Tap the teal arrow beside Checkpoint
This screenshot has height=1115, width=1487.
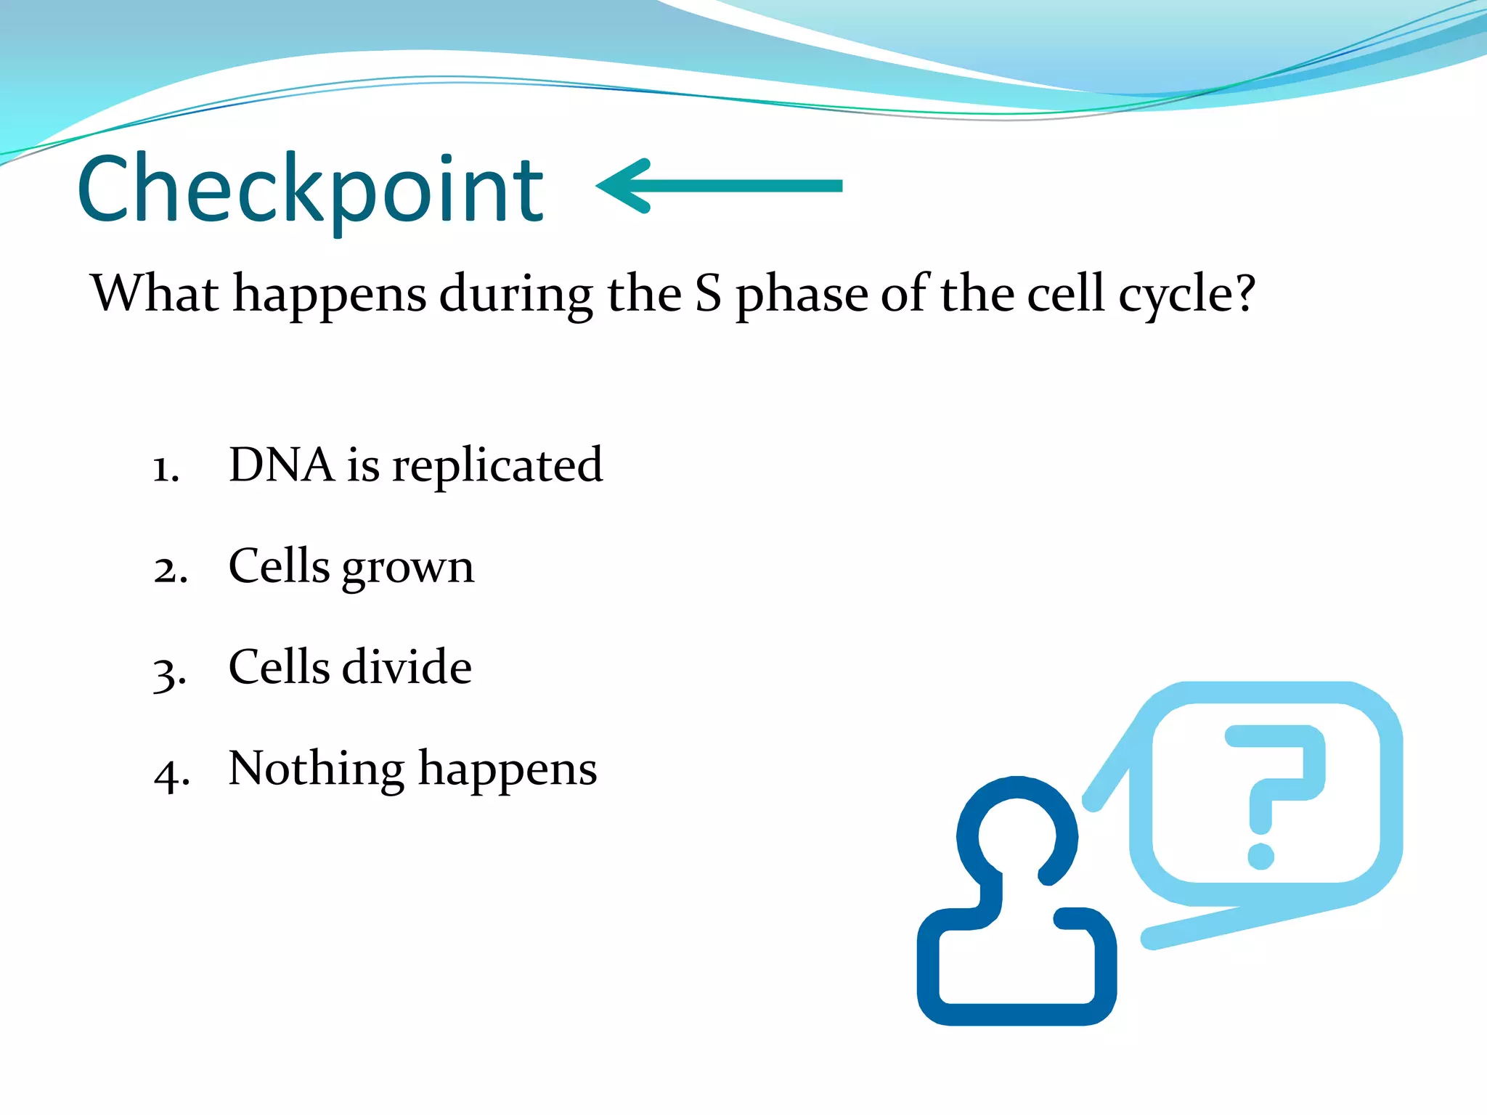click(x=719, y=186)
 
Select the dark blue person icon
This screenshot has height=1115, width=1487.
click(x=1017, y=907)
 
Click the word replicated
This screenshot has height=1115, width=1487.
click(x=497, y=466)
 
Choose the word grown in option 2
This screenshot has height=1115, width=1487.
click(x=407, y=568)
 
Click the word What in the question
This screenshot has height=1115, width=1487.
click(x=154, y=293)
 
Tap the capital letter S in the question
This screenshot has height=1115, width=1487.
click(x=708, y=294)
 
